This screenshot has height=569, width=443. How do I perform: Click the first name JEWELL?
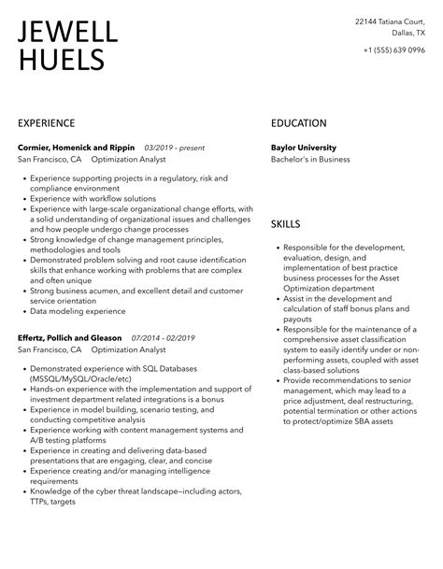pyautogui.click(x=68, y=33)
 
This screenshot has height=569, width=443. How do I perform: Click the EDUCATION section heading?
pyautogui.click(x=299, y=122)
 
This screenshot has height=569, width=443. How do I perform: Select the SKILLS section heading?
pyautogui.click(x=286, y=224)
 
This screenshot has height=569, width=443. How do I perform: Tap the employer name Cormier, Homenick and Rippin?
pyautogui.click(x=77, y=148)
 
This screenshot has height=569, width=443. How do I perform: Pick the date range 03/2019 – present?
pyautogui.click(x=175, y=148)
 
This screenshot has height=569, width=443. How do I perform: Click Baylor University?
pyautogui.click(x=303, y=148)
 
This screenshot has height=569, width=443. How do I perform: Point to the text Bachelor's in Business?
pyautogui.click(x=310, y=159)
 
